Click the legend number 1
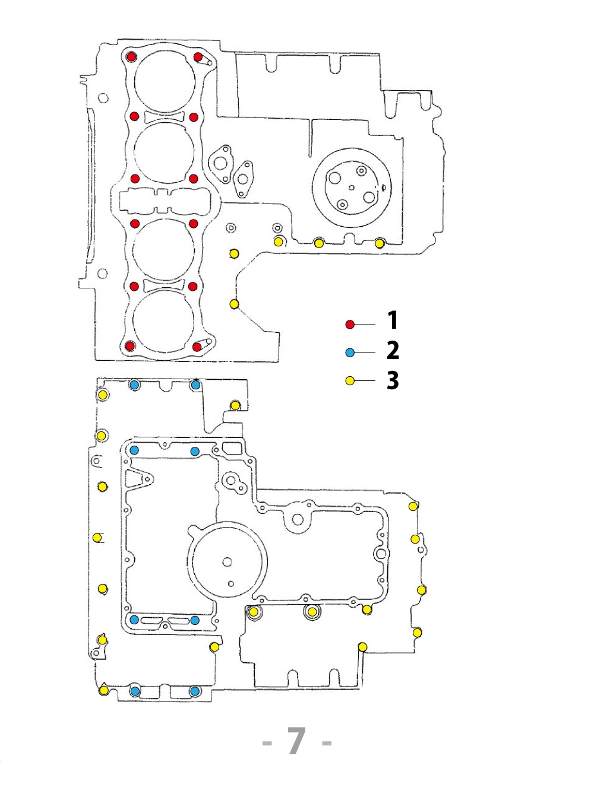point(393,320)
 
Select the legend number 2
point(393,351)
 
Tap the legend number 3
point(393,380)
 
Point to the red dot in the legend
point(350,324)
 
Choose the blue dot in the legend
point(350,352)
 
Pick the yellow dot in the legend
point(350,380)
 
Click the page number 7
point(296,741)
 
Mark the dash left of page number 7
point(267,743)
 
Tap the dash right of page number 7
point(326,743)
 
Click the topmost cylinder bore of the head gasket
point(165,81)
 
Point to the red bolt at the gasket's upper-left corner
point(132,57)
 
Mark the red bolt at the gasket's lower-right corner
point(197,347)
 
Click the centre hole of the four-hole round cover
point(351,188)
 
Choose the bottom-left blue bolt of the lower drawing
point(135,691)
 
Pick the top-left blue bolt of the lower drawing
point(134,385)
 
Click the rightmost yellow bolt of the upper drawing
point(380,243)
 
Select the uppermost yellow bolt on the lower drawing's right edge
point(413,506)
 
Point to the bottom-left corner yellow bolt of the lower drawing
point(104,690)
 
